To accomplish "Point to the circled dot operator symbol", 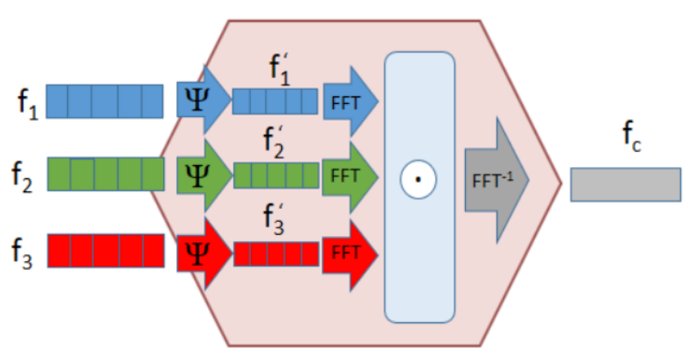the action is pyautogui.click(x=418, y=179).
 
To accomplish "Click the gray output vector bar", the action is pyautogui.click(x=626, y=184).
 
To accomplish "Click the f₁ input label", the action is pyautogui.click(x=28, y=105).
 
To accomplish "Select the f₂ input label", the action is pyautogui.click(x=22, y=177).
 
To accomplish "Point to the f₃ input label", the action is pyautogui.click(x=22, y=253).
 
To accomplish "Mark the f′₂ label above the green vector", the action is pyautogui.click(x=274, y=142).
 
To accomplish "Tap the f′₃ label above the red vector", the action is pyautogui.click(x=274, y=219).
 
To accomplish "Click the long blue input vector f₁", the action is pyautogui.click(x=105, y=101).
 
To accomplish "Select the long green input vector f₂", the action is pyautogui.click(x=106, y=174).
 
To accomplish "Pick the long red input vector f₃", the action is pyautogui.click(x=106, y=251).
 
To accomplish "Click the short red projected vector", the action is pyautogui.click(x=276, y=254).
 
